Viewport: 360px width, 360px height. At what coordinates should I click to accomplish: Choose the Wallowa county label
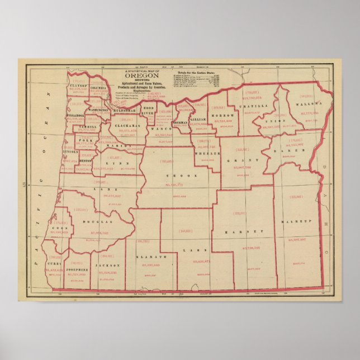[x=310, y=103]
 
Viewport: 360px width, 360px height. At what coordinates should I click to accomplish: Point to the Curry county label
[x=54, y=263]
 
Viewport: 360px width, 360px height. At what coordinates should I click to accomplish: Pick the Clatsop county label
[x=79, y=86]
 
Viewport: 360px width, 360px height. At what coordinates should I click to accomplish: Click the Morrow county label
[x=222, y=115]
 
